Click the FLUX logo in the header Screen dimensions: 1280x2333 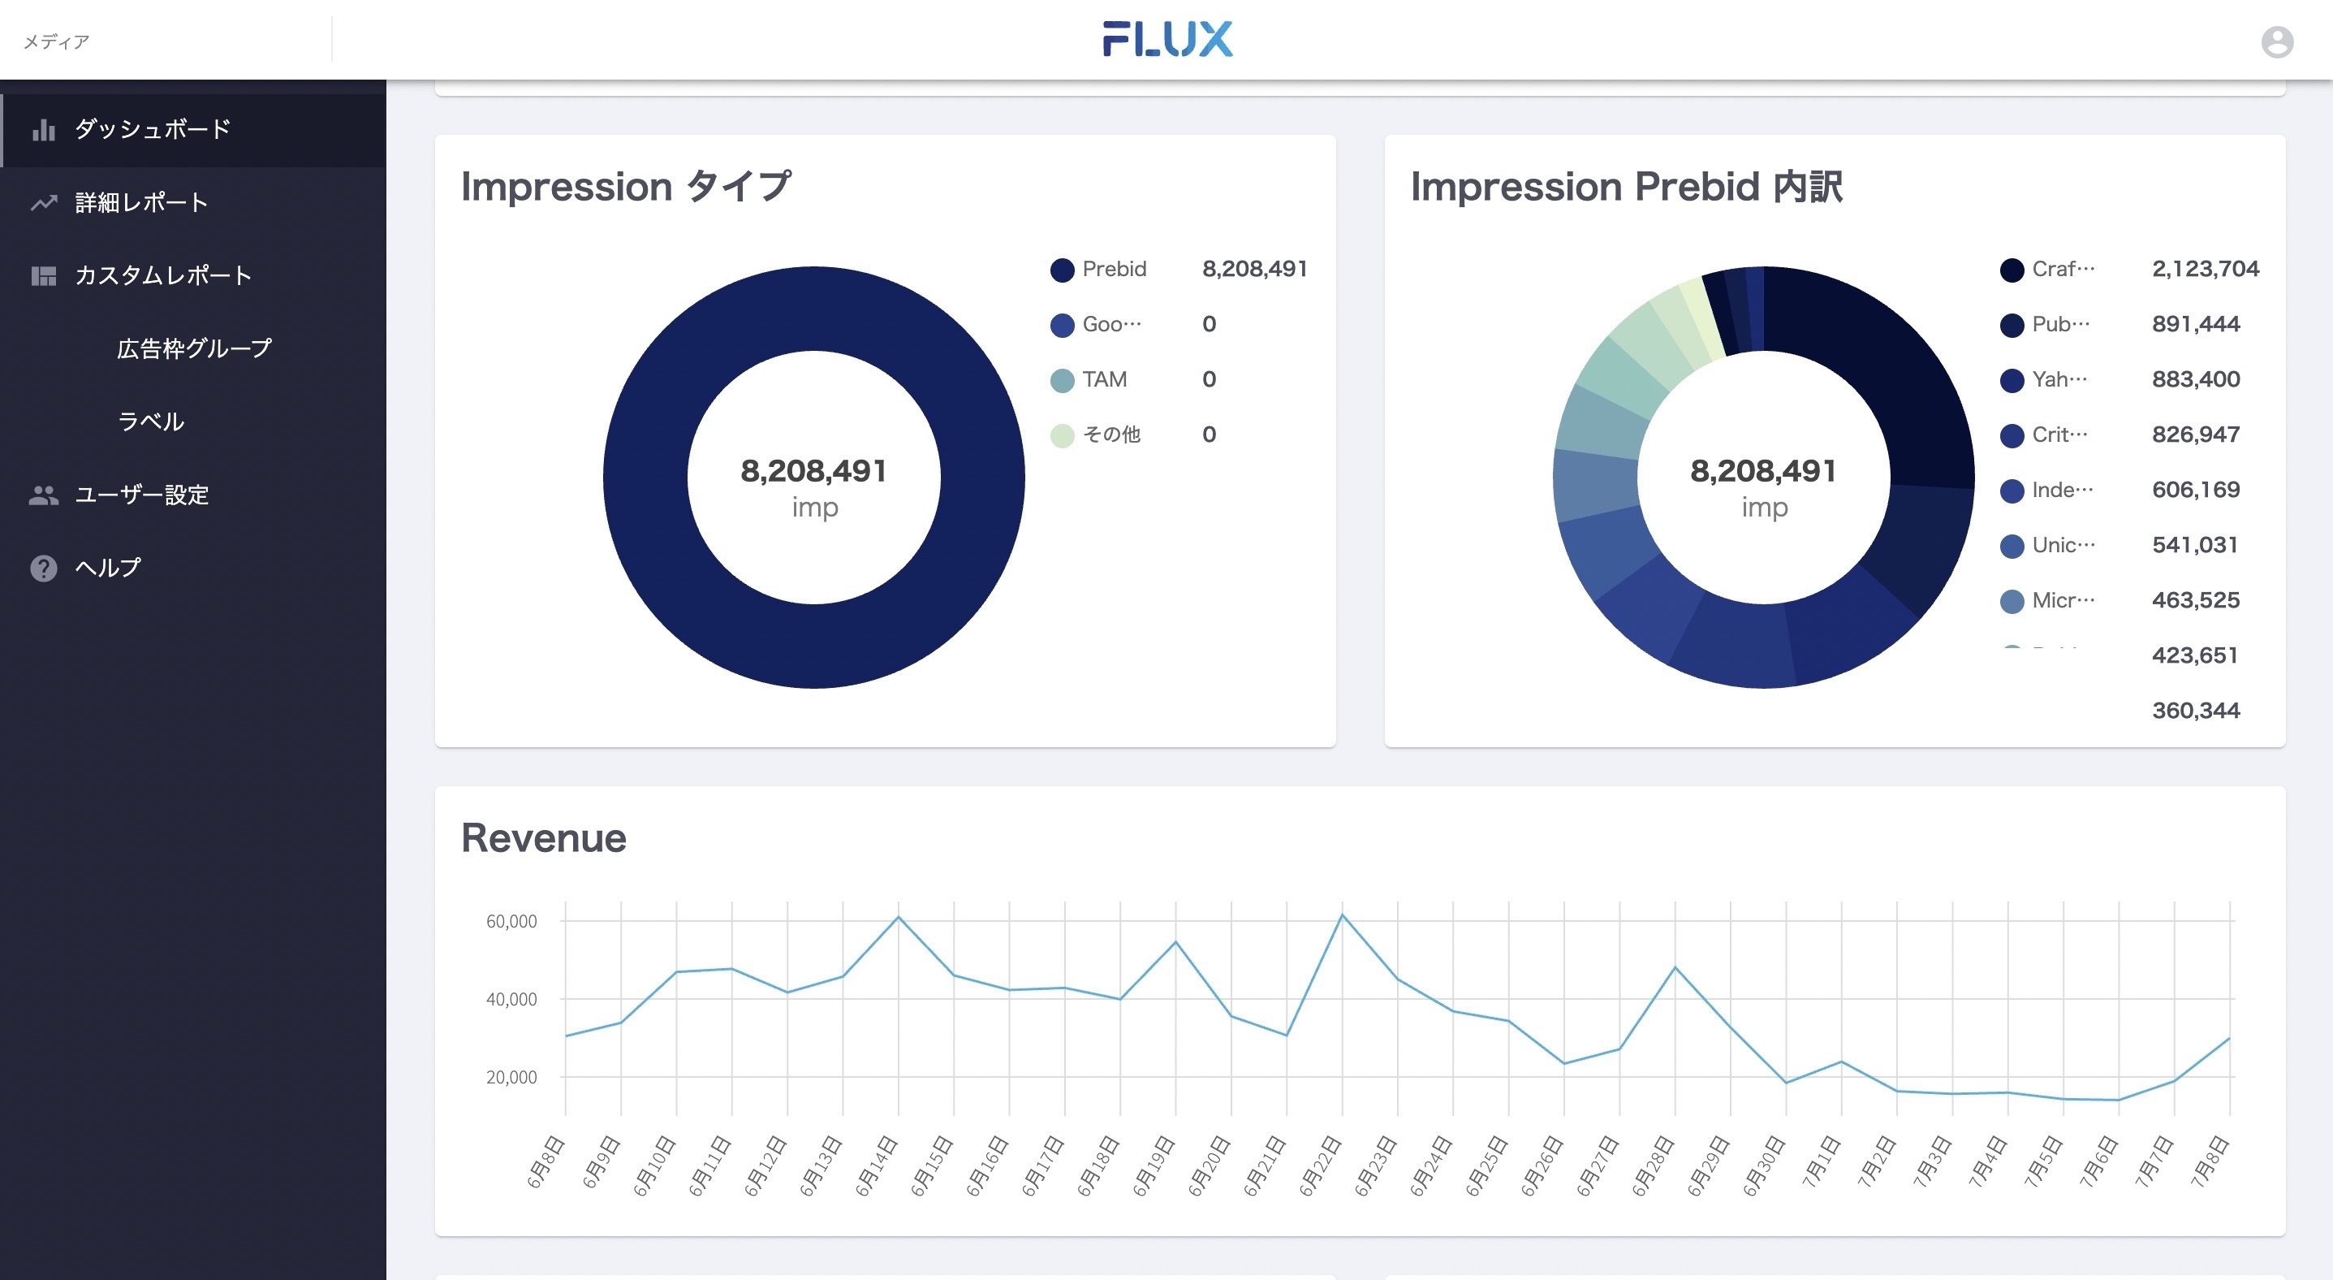(x=1166, y=40)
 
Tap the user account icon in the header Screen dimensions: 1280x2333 (x=2276, y=41)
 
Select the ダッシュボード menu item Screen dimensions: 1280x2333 (x=152, y=128)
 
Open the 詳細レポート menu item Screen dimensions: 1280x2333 (x=141, y=202)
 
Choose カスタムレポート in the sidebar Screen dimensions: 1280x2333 (x=163, y=275)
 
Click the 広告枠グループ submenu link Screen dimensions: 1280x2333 (x=194, y=348)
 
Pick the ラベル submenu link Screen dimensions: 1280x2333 (x=150, y=422)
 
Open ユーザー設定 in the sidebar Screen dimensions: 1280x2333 (x=141, y=495)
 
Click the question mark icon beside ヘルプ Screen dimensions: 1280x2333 (x=44, y=568)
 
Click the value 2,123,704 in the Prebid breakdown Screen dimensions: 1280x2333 (x=2205, y=269)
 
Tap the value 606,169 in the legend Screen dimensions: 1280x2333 (x=2195, y=490)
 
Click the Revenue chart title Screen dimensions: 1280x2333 (x=543, y=838)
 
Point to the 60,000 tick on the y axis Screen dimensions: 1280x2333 (x=511, y=921)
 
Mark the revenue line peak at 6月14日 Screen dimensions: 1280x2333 (x=899, y=918)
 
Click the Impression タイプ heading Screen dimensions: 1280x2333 (x=626, y=187)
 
